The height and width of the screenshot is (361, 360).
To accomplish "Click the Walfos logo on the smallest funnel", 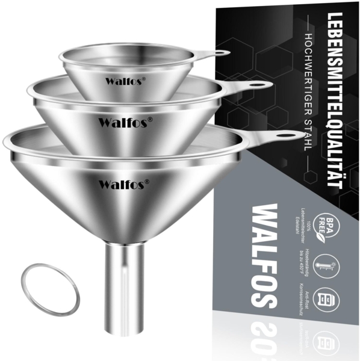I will [123, 80].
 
